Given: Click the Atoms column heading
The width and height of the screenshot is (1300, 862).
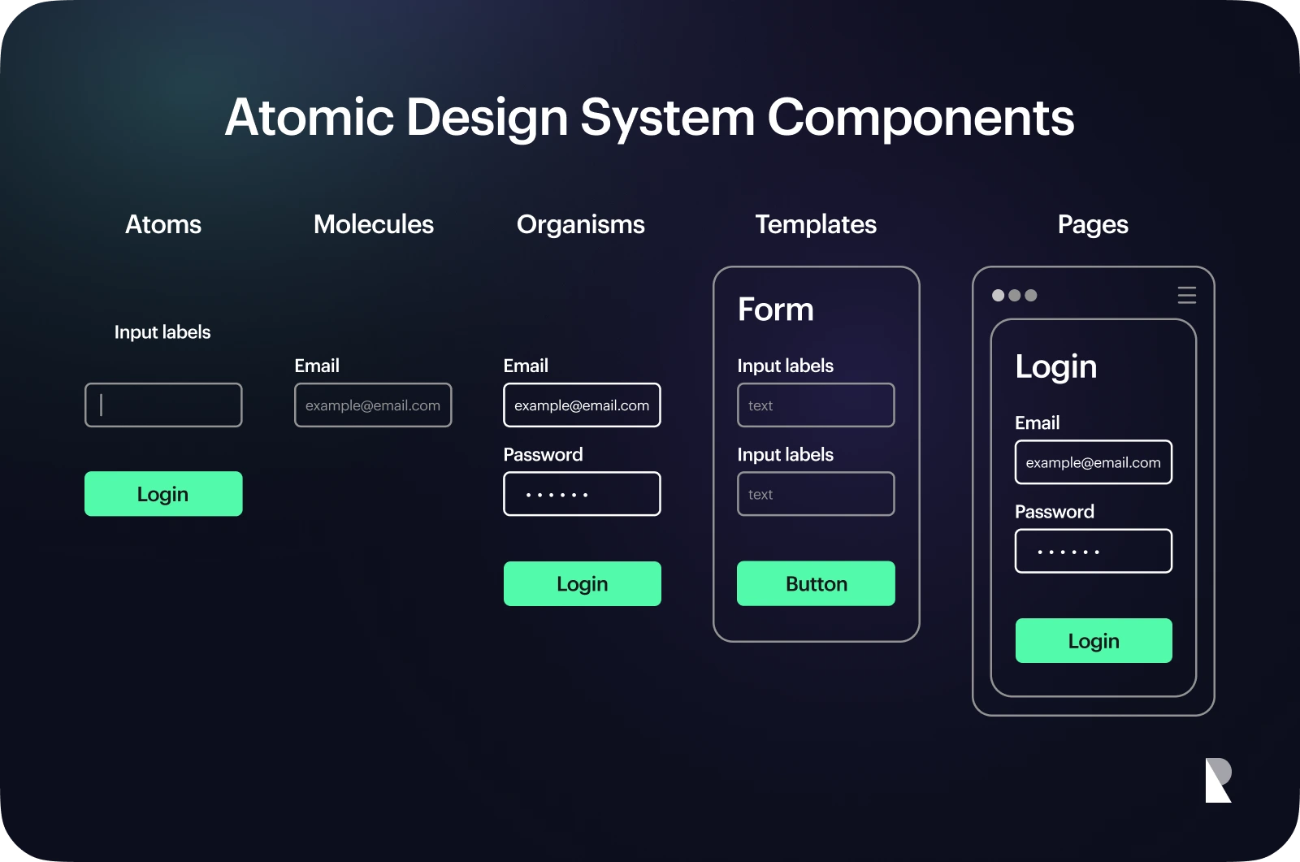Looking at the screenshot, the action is coord(163,225).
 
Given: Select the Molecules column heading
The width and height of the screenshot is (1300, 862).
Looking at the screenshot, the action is coord(374,225).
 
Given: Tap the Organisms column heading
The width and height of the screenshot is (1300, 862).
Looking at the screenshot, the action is coord(580,225).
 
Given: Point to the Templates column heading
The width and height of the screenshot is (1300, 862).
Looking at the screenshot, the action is coord(816,225).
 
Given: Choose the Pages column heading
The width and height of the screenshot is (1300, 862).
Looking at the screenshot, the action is coord(1093,225).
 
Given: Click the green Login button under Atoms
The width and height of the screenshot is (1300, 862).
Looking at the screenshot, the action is coord(163,494).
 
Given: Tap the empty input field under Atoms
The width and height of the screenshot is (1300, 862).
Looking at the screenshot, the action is coord(163,405).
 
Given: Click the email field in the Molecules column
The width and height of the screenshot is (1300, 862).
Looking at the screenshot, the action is coord(373,405).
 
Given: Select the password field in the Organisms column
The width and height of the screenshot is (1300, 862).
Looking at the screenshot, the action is coord(582,494).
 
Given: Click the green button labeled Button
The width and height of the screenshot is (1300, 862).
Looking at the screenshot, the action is coord(816,583).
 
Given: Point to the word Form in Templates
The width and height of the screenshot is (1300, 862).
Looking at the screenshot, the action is coord(775,310).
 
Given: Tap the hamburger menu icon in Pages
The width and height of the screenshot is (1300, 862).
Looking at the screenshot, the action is coord(1187,296).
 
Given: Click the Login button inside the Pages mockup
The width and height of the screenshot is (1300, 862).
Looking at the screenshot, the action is coord(1094,641).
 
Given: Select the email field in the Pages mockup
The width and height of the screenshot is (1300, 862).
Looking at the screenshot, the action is coord(1094,462).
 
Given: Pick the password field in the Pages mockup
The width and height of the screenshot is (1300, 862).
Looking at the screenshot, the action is coord(1094,551).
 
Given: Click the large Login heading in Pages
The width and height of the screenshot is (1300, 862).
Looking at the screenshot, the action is coord(1056,367).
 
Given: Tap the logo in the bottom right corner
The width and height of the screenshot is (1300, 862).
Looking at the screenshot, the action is coord(1218,780).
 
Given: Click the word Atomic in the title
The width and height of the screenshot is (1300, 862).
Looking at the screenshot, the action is coord(310,117).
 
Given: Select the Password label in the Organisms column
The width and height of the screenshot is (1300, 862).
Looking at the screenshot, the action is coord(543,454).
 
